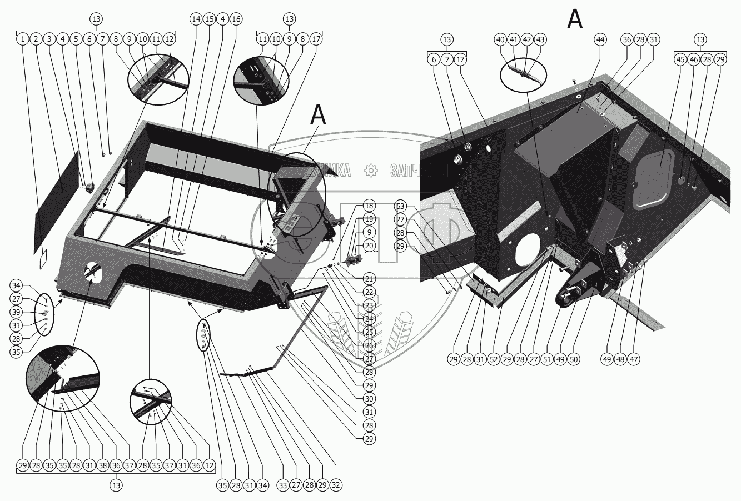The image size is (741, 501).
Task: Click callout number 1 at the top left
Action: pyautogui.click(x=22, y=39)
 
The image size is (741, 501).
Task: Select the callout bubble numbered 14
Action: pyautogui.click(x=196, y=19)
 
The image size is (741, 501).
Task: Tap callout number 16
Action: pyautogui.click(x=236, y=19)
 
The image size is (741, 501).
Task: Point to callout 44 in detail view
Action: pyautogui.click(x=600, y=39)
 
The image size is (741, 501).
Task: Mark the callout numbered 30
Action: pyautogui.click(x=370, y=399)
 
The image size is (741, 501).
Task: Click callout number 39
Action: pyautogui.click(x=17, y=312)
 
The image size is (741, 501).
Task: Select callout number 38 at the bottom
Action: pyautogui.click(x=102, y=465)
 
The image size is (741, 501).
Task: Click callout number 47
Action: pyautogui.click(x=634, y=359)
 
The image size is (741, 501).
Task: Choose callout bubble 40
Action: pyautogui.click(x=500, y=39)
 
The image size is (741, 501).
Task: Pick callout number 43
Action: pyautogui.click(x=540, y=39)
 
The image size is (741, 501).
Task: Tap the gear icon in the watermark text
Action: pyautogui.click(x=370, y=171)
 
